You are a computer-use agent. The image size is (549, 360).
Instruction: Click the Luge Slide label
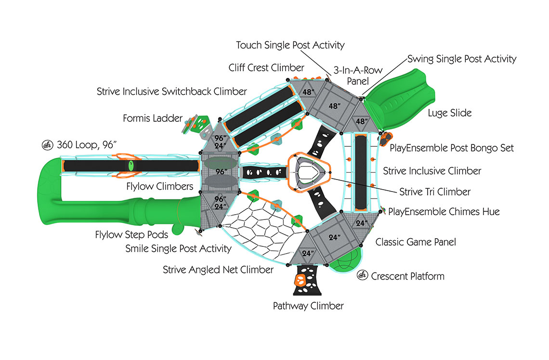click(449, 113)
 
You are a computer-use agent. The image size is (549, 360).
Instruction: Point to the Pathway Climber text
click(308, 306)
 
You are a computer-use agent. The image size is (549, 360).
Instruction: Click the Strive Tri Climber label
click(434, 192)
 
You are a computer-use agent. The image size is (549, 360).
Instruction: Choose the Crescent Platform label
click(407, 276)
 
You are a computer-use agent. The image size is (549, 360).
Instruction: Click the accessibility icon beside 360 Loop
click(47, 144)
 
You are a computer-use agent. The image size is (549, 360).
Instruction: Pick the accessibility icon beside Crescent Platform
click(363, 276)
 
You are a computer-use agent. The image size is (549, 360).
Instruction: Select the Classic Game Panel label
click(415, 242)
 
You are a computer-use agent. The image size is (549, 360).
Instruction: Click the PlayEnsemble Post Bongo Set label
click(451, 148)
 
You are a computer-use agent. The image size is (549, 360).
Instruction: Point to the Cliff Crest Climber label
click(266, 68)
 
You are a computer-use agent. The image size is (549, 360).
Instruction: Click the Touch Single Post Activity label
click(290, 45)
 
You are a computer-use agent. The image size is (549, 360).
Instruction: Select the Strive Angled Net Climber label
click(218, 270)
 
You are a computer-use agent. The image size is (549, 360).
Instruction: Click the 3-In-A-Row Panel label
click(358, 75)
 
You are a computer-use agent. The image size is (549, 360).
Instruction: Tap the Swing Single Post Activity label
click(462, 59)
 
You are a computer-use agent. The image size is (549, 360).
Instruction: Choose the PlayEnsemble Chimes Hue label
click(444, 211)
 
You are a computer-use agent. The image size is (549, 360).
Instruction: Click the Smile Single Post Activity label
click(178, 248)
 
